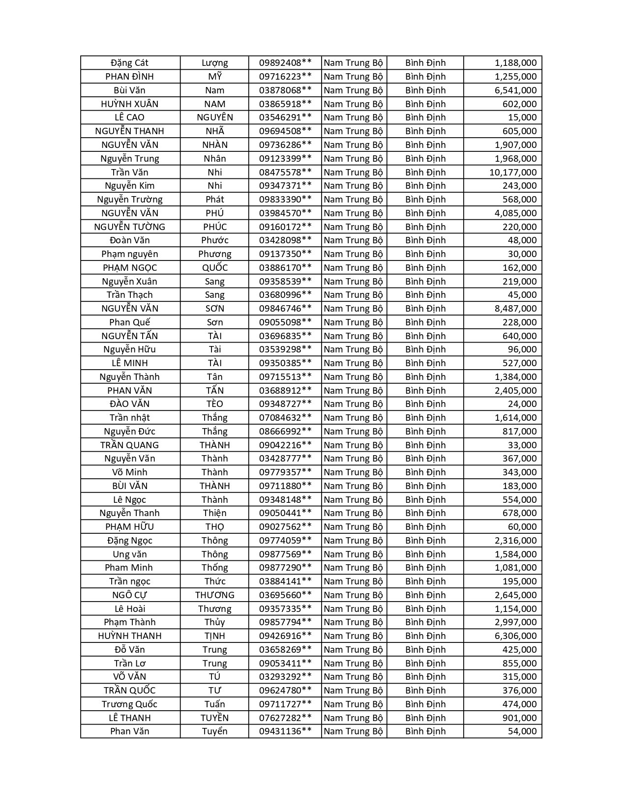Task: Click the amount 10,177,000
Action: point(512,172)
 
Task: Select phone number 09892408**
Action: point(285,63)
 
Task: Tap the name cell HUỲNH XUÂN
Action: point(130,104)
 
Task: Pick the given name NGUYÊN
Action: point(215,117)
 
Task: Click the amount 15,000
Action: point(522,117)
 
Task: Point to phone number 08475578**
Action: point(285,172)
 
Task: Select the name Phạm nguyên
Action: point(130,254)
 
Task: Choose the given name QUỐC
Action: point(215,268)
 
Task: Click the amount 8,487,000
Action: point(515,309)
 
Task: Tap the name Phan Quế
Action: point(130,322)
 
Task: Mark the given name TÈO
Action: point(215,404)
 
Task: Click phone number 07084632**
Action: point(285,418)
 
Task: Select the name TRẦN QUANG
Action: point(130,445)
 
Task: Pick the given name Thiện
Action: point(215,513)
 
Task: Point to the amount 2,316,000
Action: point(515,541)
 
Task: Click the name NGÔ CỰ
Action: point(130,595)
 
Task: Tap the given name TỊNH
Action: point(215,636)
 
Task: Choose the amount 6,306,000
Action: point(515,636)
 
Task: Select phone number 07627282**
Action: point(285,718)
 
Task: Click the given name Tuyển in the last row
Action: point(215,731)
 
